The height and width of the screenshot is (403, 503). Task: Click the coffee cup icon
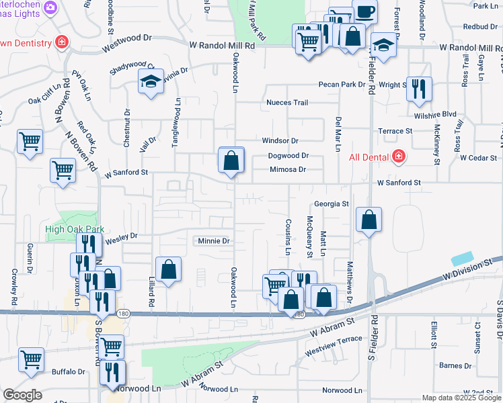(364, 11)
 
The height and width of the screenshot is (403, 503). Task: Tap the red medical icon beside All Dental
(398, 156)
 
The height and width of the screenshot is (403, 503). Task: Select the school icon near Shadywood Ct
(151, 83)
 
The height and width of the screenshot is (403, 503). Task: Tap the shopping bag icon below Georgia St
(369, 220)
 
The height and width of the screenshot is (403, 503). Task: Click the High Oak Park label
(75, 229)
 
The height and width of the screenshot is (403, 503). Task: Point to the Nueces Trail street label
(287, 103)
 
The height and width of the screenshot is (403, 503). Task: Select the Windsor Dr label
(280, 141)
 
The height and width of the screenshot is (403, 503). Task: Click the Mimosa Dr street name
(288, 169)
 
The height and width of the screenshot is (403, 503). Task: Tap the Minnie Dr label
(214, 240)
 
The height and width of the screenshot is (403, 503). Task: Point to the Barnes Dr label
(455, 365)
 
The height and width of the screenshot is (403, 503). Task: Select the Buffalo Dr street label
(69, 371)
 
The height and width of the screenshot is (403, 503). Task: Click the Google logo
(22, 395)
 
